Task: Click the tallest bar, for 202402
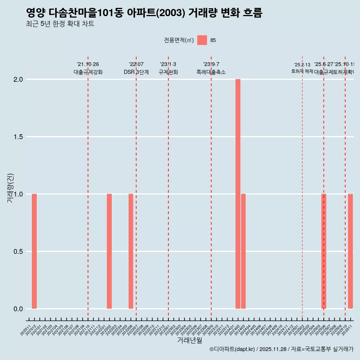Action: (x=238, y=194)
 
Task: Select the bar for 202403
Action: (x=243, y=251)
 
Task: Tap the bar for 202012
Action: (x=34, y=251)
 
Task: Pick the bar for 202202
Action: (x=109, y=251)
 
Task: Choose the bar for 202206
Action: (x=131, y=251)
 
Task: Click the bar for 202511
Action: (x=350, y=251)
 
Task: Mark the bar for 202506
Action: (x=324, y=251)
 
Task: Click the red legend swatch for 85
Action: (x=202, y=40)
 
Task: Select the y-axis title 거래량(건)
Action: (x=10, y=188)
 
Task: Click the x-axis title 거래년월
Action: (x=189, y=340)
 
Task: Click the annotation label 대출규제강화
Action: (x=88, y=72)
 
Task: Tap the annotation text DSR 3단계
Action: (x=136, y=72)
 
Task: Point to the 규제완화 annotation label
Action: (x=168, y=72)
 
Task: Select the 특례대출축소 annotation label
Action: (x=211, y=72)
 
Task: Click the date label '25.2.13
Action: (x=302, y=65)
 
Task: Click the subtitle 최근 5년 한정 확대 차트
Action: (x=60, y=24)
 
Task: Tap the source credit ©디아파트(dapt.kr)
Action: (x=232, y=349)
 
